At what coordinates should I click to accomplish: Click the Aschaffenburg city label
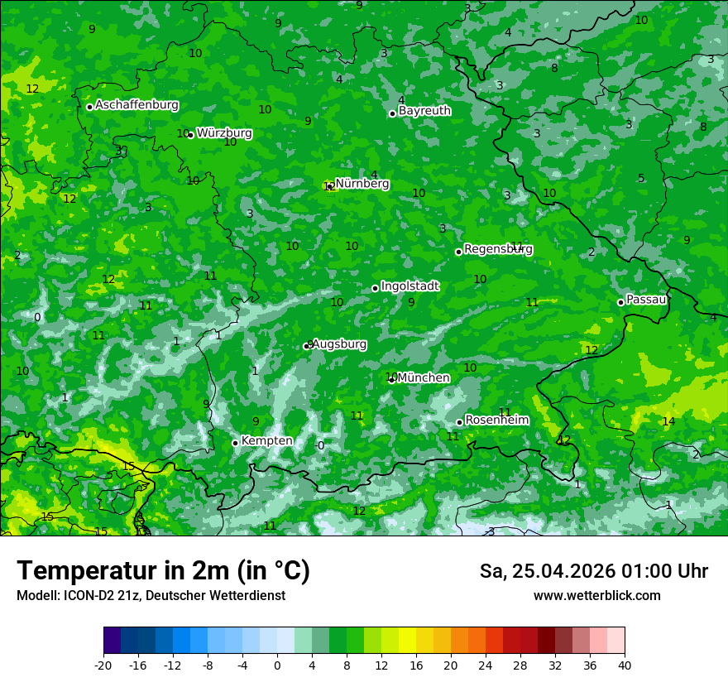click(x=136, y=105)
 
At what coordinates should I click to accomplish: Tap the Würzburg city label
click(x=224, y=133)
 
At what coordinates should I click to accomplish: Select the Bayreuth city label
click(x=424, y=111)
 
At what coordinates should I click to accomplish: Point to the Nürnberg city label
click(x=362, y=184)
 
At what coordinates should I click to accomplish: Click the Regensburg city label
click(x=498, y=249)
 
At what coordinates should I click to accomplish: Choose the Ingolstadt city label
click(x=409, y=286)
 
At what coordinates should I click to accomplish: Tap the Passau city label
click(x=646, y=300)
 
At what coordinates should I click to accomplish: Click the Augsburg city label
click(x=339, y=343)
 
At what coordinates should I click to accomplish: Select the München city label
click(x=424, y=378)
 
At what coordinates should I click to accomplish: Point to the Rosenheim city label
click(x=496, y=420)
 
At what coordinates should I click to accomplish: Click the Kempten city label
click(x=266, y=441)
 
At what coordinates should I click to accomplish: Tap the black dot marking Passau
click(x=620, y=302)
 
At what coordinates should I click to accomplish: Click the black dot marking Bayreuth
click(x=392, y=113)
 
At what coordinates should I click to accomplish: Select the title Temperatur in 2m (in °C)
click(x=163, y=570)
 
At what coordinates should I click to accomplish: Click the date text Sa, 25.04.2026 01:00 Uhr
click(x=593, y=571)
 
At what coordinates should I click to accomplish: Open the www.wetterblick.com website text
click(x=596, y=596)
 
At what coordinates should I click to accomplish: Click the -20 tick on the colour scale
click(x=103, y=665)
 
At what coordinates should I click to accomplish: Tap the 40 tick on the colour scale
click(x=625, y=665)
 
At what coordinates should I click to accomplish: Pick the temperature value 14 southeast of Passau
click(x=668, y=421)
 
